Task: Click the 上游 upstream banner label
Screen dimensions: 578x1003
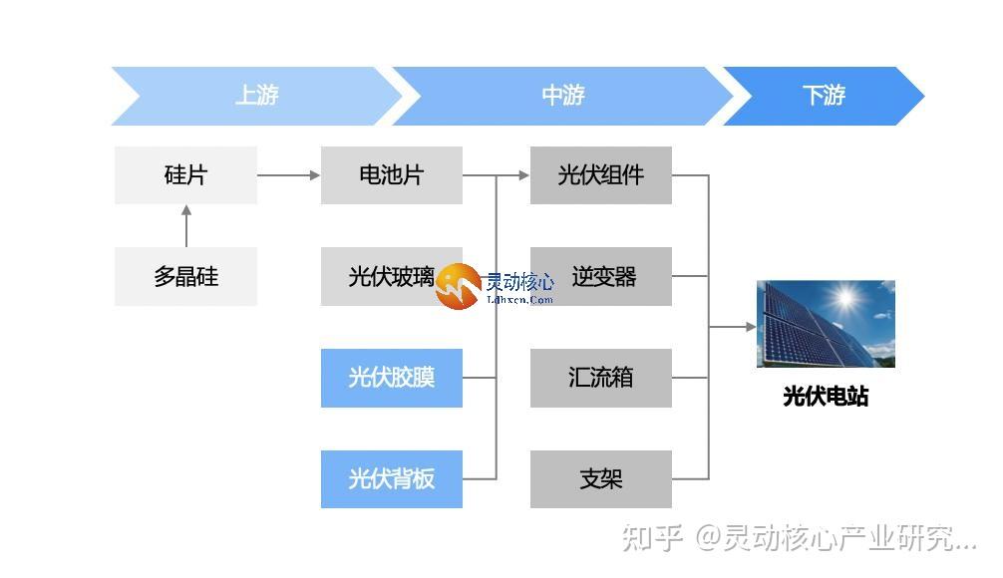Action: [x=256, y=96]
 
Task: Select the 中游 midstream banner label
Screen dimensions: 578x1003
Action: [x=562, y=96]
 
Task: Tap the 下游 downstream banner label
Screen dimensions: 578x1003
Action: [x=824, y=96]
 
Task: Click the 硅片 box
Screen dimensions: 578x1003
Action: [x=185, y=175]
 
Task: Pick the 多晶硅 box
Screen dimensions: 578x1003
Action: [x=185, y=276]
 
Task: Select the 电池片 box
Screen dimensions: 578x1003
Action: [x=391, y=175]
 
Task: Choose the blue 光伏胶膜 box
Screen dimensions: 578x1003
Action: [x=391, y=378]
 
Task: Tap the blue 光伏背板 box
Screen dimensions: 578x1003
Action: [x=391, y=479]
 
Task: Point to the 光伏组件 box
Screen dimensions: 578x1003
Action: [x=600, y=175]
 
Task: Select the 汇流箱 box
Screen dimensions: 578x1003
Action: [x=600, y=378]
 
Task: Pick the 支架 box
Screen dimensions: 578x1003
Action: [x=600, y=479]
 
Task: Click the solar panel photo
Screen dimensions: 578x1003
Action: [x=826, y=324]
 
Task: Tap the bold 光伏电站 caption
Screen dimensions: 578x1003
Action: [x=826, y=397]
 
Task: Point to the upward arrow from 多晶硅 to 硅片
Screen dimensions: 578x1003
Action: [x=185, y=226]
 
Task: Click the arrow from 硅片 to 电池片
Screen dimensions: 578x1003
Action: [x=289, y=175]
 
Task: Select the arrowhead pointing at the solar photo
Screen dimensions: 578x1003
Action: [x=750, y=326]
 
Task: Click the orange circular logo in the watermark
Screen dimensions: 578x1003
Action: [x=458, y=287]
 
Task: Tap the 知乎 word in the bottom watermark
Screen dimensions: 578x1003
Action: [x=652, y=539]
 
